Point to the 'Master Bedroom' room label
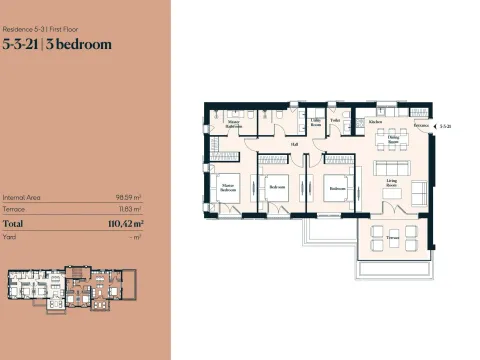(227, 187)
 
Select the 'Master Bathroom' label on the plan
(232, 125)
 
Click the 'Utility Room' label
(314, 122)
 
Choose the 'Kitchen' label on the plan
(376, 121)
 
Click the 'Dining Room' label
(394, 142)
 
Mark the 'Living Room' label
(393, 182)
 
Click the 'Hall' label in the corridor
(295, 144)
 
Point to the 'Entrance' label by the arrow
(420, 127)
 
